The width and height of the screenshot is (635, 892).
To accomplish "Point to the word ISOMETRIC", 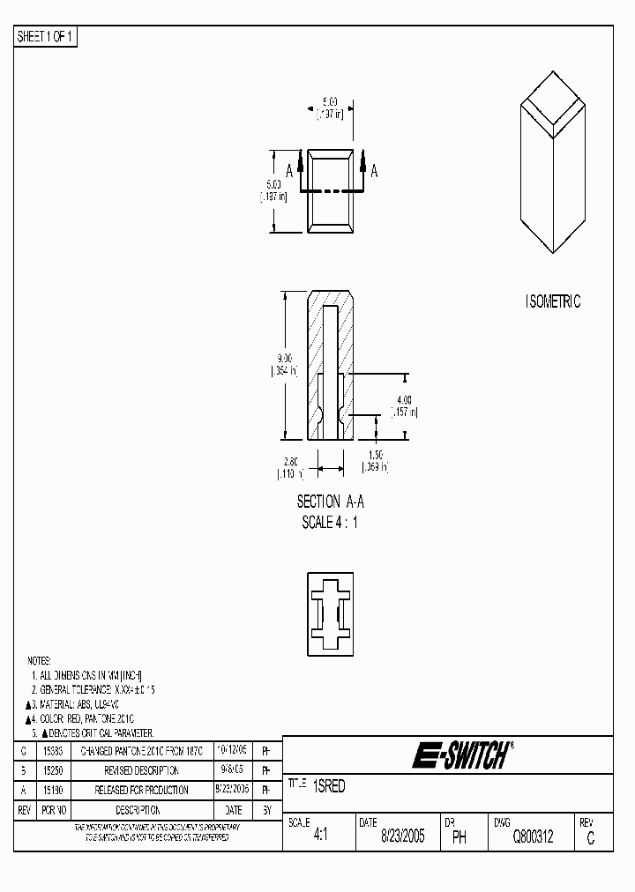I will pyautogui.click(x=552, y=301).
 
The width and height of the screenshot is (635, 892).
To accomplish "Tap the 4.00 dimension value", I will pyautogui.click(x=405, y=400).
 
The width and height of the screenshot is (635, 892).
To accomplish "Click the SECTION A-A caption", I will pyautogui.click(x=330, y=502).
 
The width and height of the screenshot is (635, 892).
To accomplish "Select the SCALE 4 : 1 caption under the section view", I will pyautogui.click(x=330, y=522).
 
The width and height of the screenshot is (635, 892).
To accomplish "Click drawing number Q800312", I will pyautogui.click(x=533, y=838).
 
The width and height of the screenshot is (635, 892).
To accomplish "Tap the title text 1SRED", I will pyautogui.click(x=329, y=787).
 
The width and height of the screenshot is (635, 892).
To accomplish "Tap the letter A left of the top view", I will pyautogui.click(x=288, y=172).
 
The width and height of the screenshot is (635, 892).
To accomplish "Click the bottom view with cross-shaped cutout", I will pyautogui.click(x=330, y=609).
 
